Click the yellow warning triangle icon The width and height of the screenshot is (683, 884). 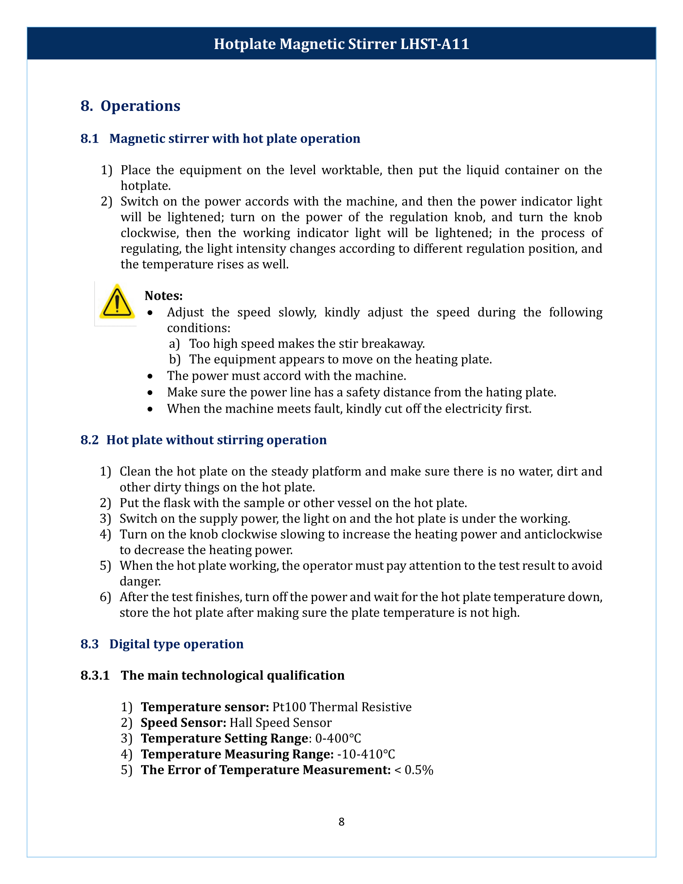pos(117,302)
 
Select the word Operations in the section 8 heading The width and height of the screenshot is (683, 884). pos(140,106)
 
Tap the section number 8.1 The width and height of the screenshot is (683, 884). pos(90,139)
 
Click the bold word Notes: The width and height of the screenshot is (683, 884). pos(164,295)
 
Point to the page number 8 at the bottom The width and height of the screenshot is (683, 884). pos(341,822)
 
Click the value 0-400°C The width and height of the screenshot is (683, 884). pos(338,738)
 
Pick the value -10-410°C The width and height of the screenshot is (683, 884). pos(366,754)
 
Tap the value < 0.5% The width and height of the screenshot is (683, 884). pos(413,770)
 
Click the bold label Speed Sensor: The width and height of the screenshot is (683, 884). pos(183,722)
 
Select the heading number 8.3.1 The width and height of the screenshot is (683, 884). pos(95,675)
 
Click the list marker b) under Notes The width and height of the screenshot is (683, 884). pos(174,360)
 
